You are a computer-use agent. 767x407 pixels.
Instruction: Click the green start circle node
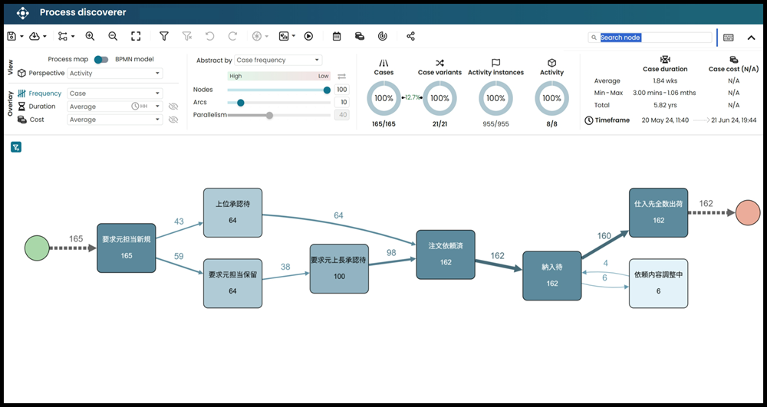click(36, 248)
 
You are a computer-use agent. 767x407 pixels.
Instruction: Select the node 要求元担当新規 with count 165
click(127, 248)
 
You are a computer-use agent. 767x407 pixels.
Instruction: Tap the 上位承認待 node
click(232, 212)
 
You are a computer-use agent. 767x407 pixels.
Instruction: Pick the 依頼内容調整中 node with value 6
click(657, 283)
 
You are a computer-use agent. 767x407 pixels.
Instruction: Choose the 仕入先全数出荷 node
click(658, 212)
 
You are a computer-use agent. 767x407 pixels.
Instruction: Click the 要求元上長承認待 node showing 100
click(338, 268)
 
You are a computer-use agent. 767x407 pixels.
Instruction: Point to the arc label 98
click(391, 253)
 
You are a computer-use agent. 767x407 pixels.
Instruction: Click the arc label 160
click(604, 236)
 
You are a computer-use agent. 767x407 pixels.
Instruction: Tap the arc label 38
click(285, 267)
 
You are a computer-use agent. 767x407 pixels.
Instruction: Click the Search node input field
click(655, 38)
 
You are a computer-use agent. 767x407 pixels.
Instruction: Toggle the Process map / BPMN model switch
click(101, 59)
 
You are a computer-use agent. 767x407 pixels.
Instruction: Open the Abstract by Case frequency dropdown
click(278, 60)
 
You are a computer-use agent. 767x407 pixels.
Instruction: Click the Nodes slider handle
click(327, 90)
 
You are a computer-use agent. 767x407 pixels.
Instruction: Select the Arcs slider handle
click(241, 102)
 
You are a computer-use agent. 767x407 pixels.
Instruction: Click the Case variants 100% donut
click(439, 98)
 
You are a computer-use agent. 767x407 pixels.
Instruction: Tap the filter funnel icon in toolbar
click(164, 36)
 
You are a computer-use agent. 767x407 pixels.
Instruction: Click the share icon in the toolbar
click(411, 36)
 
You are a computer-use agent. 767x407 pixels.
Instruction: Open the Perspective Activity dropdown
click(115, 74)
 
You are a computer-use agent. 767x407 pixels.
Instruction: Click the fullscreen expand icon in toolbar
click(136, 36)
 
